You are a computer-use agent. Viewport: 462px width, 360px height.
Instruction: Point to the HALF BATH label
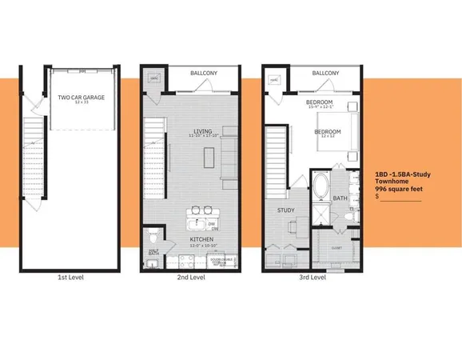153,254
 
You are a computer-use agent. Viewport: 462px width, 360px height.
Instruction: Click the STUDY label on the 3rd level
285,210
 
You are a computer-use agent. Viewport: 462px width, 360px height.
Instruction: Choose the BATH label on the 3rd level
340,198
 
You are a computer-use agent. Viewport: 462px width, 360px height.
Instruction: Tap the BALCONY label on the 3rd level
325,73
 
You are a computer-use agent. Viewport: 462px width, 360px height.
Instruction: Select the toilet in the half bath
154,236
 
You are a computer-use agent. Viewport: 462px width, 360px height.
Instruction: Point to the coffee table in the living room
208,158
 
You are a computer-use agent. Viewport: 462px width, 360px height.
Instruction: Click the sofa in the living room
229,152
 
